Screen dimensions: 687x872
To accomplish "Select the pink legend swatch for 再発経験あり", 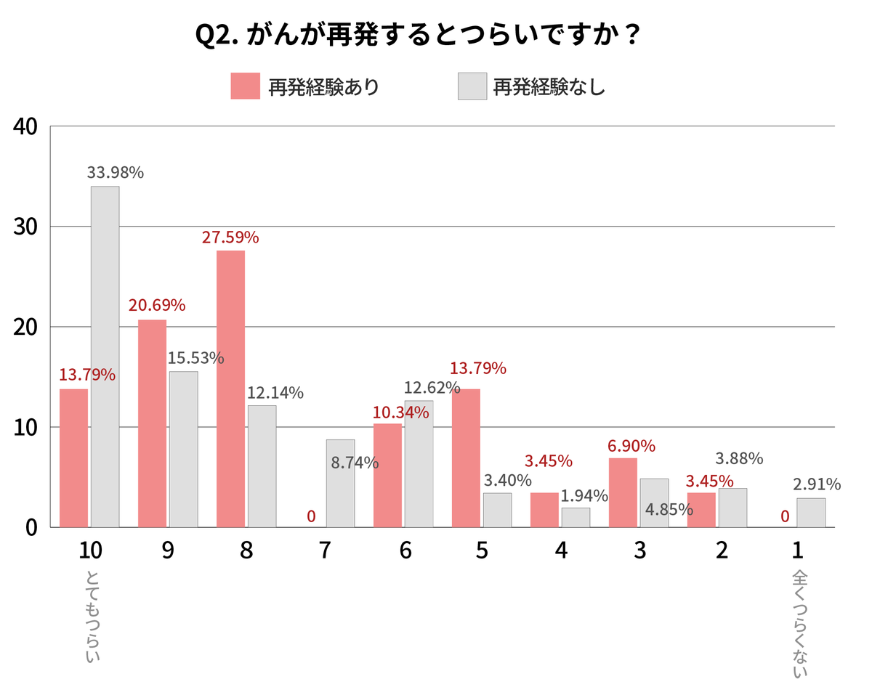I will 245,86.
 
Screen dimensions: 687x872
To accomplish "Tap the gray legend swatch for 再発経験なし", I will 472,86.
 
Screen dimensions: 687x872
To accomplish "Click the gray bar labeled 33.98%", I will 105,356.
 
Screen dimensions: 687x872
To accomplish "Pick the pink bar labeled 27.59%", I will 230,389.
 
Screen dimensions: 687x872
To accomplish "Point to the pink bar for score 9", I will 152,423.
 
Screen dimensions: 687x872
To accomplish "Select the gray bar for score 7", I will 340,483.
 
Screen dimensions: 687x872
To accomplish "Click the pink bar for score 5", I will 466,458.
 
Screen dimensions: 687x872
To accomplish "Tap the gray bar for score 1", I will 811,512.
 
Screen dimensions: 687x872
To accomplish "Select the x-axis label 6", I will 405,551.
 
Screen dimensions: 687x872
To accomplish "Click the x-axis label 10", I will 91,551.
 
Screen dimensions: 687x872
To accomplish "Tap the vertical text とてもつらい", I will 92,617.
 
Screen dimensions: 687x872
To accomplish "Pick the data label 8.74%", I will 355,463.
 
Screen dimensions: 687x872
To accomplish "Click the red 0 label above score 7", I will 311,516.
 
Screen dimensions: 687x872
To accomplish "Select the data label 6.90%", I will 631,446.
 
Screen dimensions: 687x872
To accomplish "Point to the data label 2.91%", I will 817,484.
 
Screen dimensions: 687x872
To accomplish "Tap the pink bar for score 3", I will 623,492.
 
